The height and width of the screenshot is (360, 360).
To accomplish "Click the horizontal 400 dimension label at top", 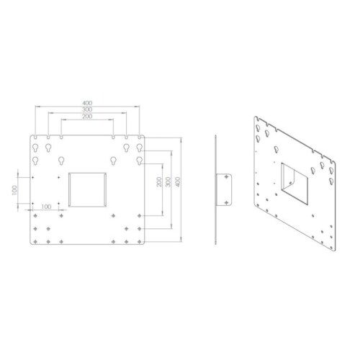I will point(87,102).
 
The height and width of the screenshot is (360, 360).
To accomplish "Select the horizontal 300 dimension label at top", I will point(87,109).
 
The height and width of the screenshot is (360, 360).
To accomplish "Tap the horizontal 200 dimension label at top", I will point(87,117).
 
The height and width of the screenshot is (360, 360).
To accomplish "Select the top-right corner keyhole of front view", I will point(139,148).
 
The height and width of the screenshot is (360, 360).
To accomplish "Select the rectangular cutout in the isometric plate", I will point(294,180).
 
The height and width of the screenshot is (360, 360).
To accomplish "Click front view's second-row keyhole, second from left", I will point(60,161).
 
